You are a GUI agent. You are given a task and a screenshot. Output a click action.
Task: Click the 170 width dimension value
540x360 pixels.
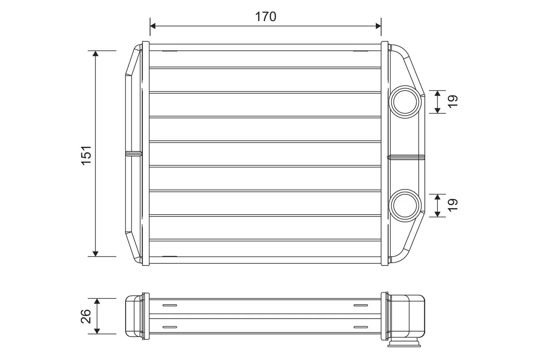(265, 17)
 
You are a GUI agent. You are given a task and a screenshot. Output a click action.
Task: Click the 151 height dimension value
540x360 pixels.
(86, 154)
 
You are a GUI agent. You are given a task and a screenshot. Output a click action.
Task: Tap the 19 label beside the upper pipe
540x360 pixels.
(453, 101)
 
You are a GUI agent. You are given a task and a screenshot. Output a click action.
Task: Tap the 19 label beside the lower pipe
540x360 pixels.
(453, 205)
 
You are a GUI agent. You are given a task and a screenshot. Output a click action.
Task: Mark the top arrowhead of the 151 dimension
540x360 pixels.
(95, 54)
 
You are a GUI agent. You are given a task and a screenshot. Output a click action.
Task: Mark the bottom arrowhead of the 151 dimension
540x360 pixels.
(95, 253)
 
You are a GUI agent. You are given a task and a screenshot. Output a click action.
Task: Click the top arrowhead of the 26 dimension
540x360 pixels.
(96, 301)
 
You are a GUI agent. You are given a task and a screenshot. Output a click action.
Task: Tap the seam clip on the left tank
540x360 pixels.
(133, 154)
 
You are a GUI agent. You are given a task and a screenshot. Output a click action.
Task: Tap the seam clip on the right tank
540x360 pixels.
(406, 157)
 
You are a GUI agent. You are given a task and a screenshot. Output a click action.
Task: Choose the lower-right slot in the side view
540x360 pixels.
(360, 327)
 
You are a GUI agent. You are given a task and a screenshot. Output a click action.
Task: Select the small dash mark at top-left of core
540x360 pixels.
(170, 51)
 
